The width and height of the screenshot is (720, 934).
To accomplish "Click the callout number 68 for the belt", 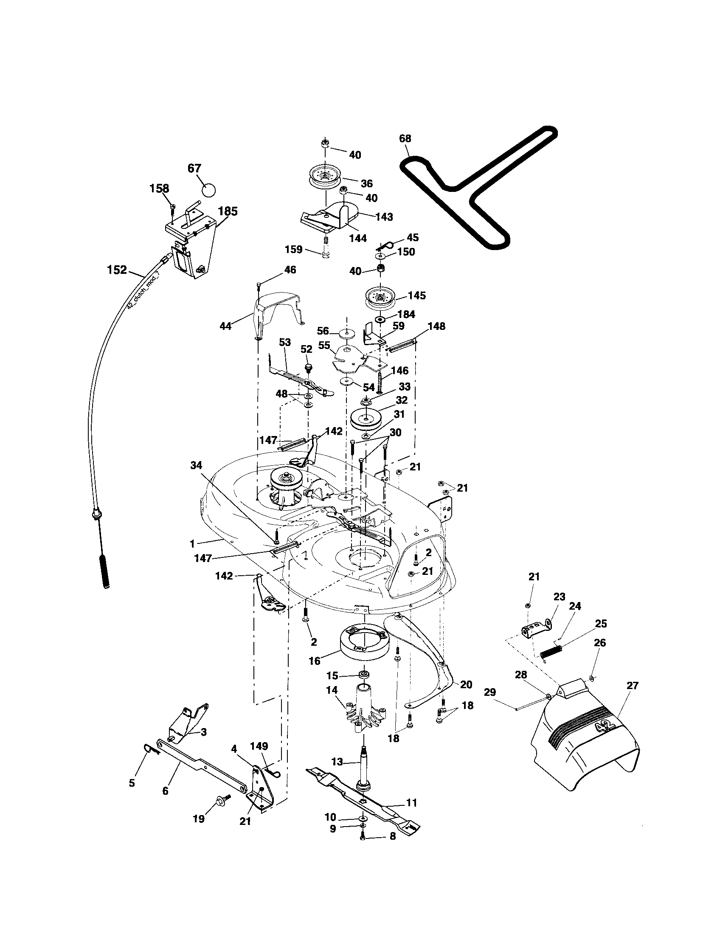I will click(x=405, y=138).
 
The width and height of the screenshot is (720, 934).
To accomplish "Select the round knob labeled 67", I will click(x=208, y=189).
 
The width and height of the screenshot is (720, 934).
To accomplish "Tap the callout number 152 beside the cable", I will click(x=117, y=270).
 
